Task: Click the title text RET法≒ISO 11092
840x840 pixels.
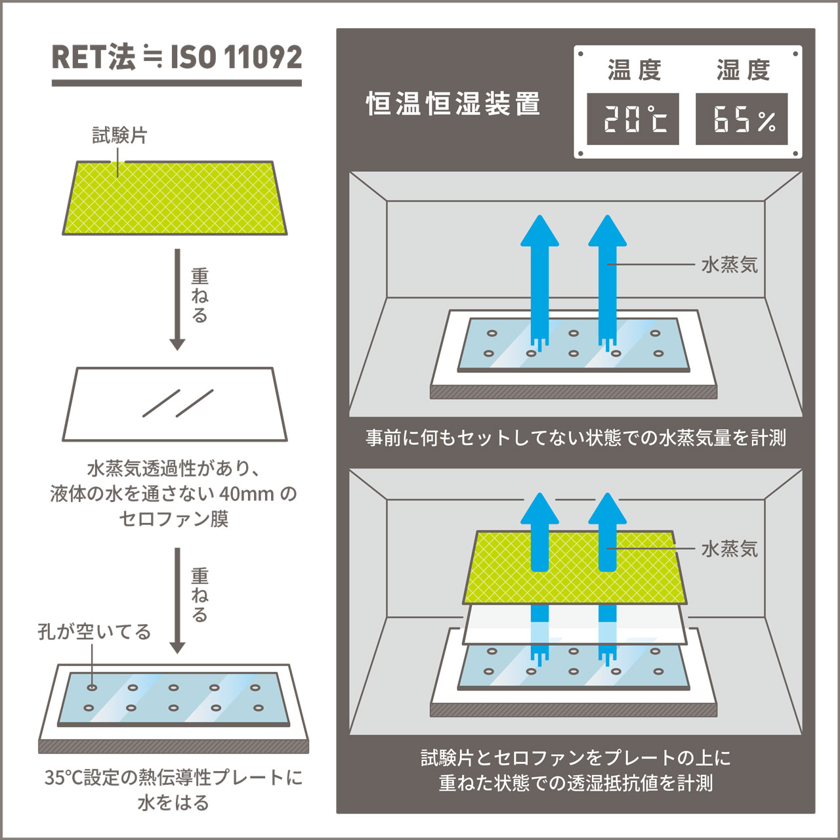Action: click(177, 58)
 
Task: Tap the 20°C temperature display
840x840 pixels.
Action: click(633, 119)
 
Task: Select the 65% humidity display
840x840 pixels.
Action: click(742, 119)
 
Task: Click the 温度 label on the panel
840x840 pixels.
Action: click(634, 70)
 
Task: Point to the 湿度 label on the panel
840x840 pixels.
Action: click(743, 70)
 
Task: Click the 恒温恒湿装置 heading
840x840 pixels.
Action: click(453, 104)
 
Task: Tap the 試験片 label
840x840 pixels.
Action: click(119, 135)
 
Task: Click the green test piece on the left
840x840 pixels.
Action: click(175, 198)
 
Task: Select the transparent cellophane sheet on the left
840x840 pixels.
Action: click(175, 404)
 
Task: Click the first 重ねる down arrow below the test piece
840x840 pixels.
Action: click(177, 299)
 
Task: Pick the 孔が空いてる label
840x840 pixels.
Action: click(94, 632)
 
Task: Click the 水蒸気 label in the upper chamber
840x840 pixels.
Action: click(729, 265)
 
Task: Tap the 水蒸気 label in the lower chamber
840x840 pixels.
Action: click(729, 549)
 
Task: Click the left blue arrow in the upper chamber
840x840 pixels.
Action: click(539, 276)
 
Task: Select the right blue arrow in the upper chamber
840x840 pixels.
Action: click(607, 276)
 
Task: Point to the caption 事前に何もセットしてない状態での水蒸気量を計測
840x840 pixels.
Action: click(576, 438)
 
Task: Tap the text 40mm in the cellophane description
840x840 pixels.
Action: click(246, 493)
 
